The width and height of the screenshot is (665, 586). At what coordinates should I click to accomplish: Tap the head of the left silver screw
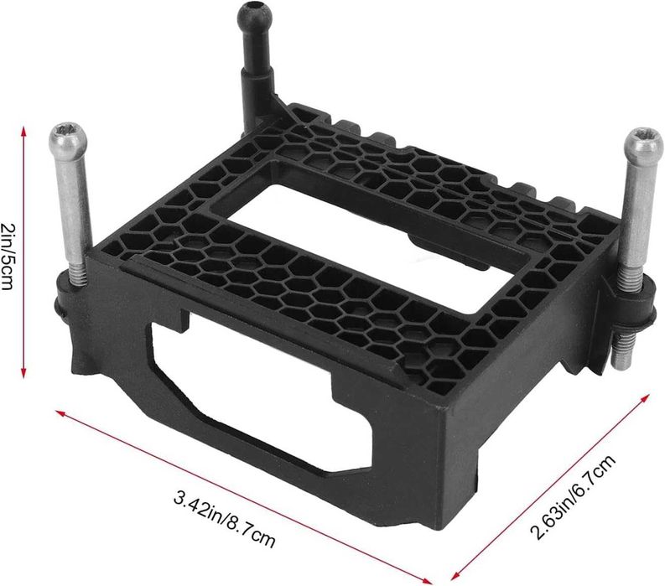tap(68, 138)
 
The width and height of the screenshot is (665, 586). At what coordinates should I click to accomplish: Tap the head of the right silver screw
tap(645, 144)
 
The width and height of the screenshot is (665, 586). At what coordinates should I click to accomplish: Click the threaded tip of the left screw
tap(78, 272)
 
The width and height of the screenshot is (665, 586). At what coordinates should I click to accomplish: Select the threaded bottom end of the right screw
tap(621, 351)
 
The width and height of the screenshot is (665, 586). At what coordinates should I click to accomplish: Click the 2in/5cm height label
tap(8, 257)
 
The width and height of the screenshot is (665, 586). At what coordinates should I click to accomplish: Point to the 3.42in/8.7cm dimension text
tap(225, 518)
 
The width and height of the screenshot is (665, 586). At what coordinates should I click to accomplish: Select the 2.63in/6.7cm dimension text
tap(572, 496)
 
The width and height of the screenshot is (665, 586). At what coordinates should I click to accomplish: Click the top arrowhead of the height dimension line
tap(24, 132)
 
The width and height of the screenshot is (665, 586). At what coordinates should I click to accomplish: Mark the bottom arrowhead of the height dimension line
tap(24, 371)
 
